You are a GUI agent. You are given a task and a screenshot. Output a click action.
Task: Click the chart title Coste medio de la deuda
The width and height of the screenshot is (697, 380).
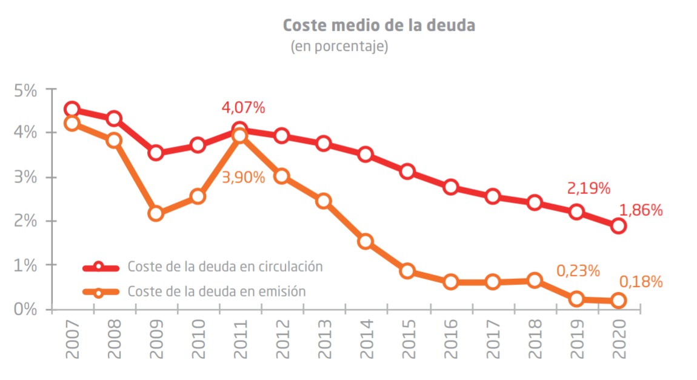[x=379, y=26]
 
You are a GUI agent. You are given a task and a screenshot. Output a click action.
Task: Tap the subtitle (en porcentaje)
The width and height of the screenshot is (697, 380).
[x=339, y=46]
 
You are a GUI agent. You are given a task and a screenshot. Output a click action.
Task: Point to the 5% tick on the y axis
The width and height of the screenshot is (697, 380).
[x=24, y=90]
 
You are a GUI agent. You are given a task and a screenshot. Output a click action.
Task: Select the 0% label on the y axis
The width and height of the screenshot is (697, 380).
[x=24, y=309]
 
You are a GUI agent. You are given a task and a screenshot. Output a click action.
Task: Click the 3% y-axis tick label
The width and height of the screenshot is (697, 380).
[x=24, y=178]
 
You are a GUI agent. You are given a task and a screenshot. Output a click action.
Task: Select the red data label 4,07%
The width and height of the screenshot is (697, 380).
[x=243, y=108]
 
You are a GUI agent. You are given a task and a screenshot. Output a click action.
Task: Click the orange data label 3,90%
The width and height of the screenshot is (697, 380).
[x=243, y=178]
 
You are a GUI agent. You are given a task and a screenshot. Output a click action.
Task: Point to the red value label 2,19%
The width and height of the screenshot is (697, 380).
[x=588, y=188]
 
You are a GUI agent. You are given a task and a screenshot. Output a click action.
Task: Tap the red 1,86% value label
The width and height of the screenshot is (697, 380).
[x=641, y=211]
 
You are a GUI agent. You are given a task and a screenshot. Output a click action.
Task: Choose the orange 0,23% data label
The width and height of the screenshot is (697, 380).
[x=578, y=271]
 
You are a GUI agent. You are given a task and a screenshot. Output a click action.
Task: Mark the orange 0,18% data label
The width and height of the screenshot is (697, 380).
[x=641, y=282]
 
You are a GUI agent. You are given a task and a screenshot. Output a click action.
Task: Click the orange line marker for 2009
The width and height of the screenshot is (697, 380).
[x=156, y=213]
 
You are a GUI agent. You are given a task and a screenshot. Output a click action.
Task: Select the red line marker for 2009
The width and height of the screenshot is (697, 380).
[x=156, y=153]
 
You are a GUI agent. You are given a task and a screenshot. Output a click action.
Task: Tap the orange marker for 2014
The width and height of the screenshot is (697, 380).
[x=365, y=242]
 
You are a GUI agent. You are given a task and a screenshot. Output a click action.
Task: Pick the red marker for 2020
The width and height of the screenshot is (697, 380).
[x=618, y=226]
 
